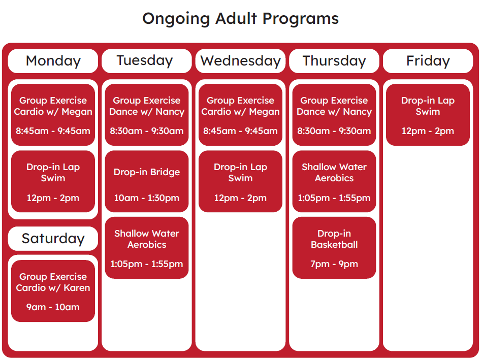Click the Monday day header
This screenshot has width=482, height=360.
point(53,61)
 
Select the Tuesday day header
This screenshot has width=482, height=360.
point(146,61)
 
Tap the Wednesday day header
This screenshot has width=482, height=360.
point(240,61)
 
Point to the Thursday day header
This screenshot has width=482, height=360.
point(334,61)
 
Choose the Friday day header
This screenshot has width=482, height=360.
point(428,61)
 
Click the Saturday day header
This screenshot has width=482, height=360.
point(53,239)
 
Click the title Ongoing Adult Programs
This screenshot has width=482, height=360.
point(240,19)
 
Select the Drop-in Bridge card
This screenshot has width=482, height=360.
point(146,181)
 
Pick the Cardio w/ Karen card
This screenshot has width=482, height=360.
point(53,290)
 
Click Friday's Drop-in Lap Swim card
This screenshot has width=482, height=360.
point(428,115)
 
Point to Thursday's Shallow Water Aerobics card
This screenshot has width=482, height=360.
point(334,181)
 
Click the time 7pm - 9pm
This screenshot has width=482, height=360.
point(334,264)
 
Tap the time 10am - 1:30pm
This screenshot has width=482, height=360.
point(146,198)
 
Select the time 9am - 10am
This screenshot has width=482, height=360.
point(53,307)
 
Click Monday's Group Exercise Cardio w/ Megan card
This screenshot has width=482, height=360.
point(53,115)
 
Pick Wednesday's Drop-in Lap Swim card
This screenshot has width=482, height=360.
point(240,181)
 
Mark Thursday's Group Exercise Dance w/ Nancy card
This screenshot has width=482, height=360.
point(334,115)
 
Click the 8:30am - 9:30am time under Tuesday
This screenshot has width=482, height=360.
point(146,131)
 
